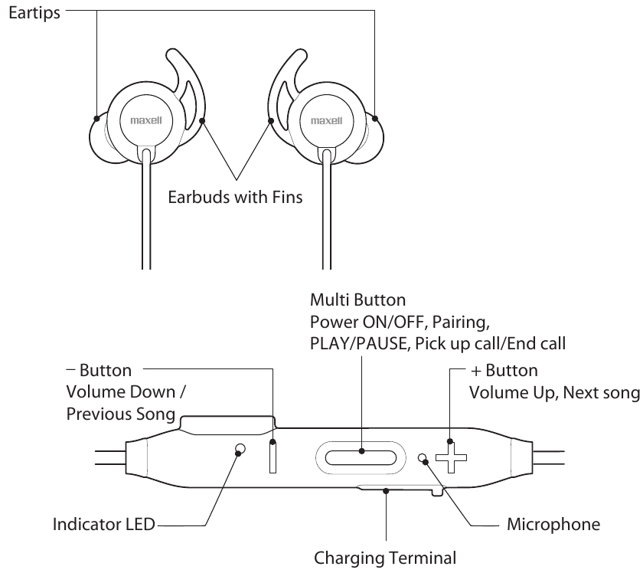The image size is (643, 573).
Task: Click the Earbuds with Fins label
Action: click(x=236, y=196)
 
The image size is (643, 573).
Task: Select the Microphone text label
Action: click(x=553, y=526)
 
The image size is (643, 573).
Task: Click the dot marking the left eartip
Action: click(x=97, y=119)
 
